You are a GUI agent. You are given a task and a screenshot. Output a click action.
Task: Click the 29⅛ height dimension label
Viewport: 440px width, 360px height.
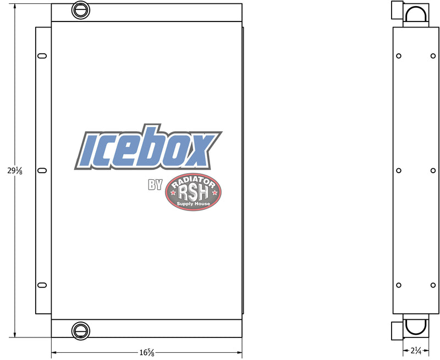pyautogui.click(x=15, y=170)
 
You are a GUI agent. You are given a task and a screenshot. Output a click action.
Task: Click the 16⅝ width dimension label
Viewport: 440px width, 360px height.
pyautogui.click(x=147, y=352)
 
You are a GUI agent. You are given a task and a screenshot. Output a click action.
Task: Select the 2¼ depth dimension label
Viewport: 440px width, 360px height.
pyautogui.click(x=416, y=350)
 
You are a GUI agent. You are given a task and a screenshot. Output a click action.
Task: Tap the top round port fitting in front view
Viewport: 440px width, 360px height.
pyautogui.click(x=81, y=10)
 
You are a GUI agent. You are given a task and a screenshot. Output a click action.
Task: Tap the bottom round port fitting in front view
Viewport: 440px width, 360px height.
pyautogui.click(x=81, y=331)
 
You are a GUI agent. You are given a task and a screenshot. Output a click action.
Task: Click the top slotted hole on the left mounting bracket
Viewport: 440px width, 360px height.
pyautogui.click(x=42, y=56)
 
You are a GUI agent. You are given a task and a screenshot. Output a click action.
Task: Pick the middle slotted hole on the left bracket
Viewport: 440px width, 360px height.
pyautogui.click(x=42, y=170)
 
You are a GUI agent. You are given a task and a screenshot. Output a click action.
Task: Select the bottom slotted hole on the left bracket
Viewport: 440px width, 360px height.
pyautogui.click(x=42, y=285)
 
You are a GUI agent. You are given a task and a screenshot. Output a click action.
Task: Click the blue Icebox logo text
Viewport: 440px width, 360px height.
pyautogui.click(x=148, y=147)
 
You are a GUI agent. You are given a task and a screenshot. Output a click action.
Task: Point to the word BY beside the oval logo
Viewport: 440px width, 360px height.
pyautogui.click(x=155, y=185)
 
